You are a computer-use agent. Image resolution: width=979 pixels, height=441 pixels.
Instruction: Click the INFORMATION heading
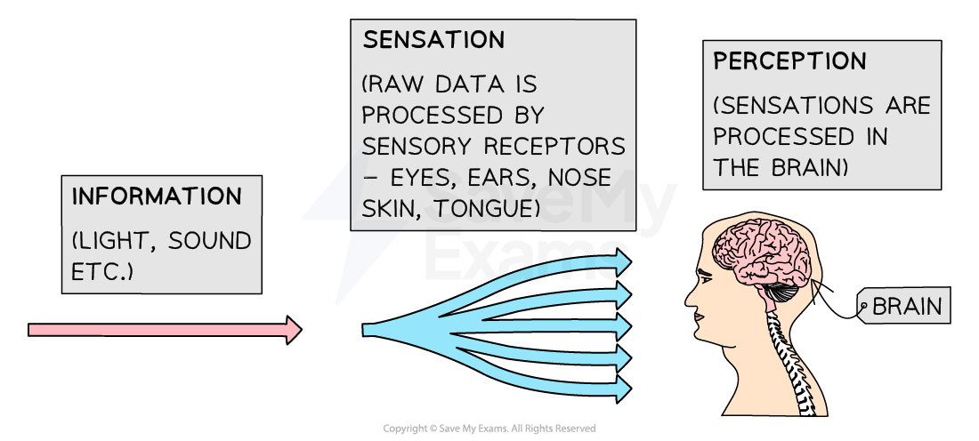click(x=157, y=196)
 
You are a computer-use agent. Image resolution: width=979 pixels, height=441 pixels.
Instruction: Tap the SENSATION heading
click(x=433, y=40)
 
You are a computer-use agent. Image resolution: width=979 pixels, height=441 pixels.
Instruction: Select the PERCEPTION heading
click(x=789, y=61)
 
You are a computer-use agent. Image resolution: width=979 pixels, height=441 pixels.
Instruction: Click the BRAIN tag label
click(x=906, y=307)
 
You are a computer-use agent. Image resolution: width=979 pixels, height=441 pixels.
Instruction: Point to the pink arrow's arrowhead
click(x=293, y=330)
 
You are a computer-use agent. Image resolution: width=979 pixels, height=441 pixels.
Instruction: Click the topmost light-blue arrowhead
click(x=622, y=261)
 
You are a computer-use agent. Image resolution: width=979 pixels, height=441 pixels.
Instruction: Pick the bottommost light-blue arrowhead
click(x=622, y=389)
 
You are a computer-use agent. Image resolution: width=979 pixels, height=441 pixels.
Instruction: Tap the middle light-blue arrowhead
click(x=622, y=325)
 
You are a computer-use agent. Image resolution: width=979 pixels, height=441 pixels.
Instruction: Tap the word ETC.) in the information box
click(x=102, y=270)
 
